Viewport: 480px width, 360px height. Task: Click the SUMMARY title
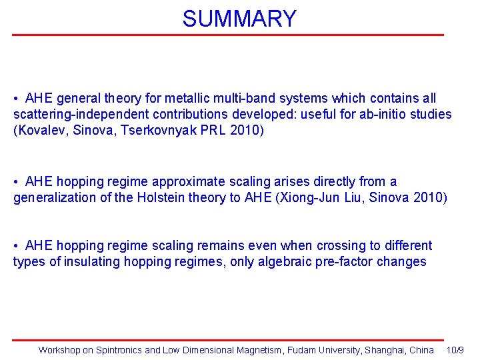[x=239, y=18]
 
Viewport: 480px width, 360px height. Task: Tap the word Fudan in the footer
[x=301, y=350]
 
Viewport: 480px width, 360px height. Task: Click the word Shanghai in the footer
[x=385, y=350]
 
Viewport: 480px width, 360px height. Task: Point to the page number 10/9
[x=455, y=350]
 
